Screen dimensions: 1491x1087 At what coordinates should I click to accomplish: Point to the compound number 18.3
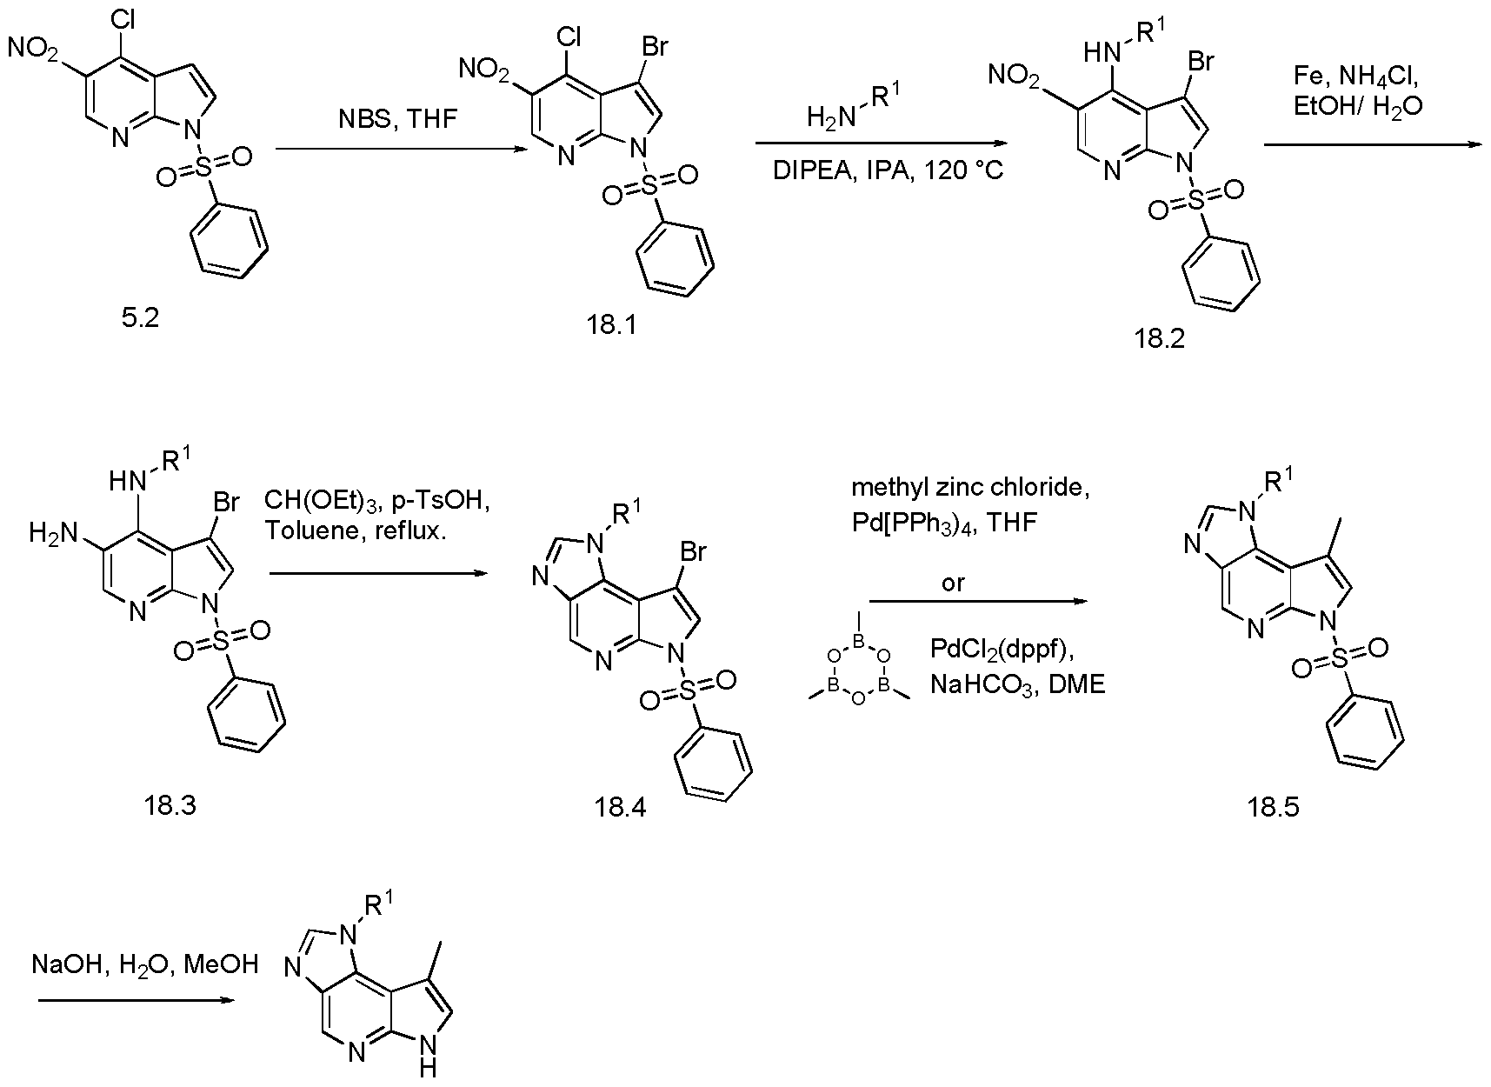click(170, 805)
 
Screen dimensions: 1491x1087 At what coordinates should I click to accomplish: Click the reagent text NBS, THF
click(397, 119)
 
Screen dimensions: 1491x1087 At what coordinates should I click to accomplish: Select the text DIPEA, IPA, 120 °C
click(888, 170)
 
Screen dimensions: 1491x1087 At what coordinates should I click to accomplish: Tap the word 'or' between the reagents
click(954, 583)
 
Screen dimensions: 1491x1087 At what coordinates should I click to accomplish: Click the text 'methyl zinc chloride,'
click(970, 488)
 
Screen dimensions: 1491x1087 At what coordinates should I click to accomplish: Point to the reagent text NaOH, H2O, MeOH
click(144, 964)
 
